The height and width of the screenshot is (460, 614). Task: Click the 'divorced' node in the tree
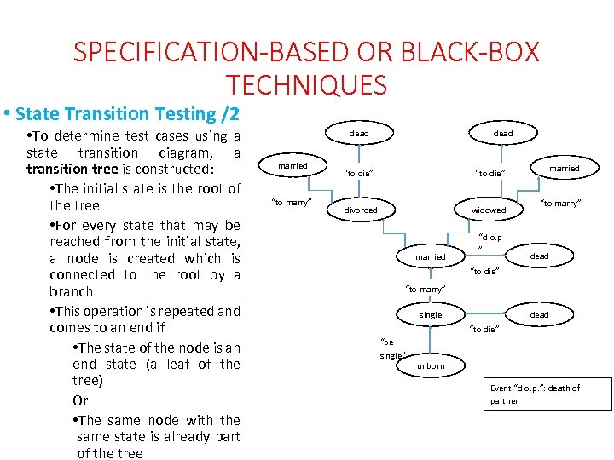(x=360, y=210)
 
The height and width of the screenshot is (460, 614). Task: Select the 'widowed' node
(x=489, y=210)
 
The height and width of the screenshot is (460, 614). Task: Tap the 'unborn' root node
(x=431, y=366)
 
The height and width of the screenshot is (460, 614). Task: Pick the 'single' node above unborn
(x=431, y=315)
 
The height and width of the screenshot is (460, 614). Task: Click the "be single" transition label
(x=391, y=348)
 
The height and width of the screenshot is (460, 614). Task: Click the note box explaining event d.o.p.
(x=548, y=394)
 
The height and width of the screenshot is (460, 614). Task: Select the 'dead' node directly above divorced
(x=359, y=134)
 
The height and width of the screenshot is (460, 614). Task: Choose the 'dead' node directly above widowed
(x=503, y=134)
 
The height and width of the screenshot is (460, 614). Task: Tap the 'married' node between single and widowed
(x=431, y=256)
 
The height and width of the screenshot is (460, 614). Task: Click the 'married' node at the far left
(x=293, y=164)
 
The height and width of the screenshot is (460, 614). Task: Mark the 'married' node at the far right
(x=564, y=168)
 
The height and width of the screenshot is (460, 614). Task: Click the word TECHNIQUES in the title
(x=307, y=85)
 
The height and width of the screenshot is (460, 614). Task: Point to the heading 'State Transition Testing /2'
(x=127, y=113)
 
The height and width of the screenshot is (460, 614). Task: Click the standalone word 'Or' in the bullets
(x=80, y=400)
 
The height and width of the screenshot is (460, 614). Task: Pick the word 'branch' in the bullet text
(x=72, y=291)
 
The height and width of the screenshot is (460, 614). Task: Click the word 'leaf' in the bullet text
(x=177, y=364)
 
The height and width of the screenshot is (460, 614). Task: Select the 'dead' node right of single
(x=539, y=315)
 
